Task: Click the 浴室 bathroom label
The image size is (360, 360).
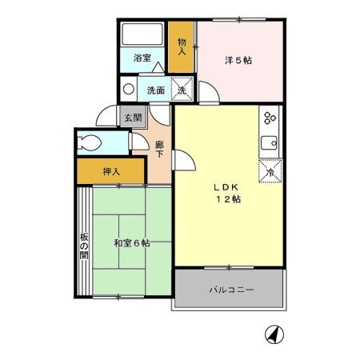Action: point(142,58)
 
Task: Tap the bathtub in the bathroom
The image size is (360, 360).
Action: point(142,36)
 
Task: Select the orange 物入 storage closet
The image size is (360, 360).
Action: point(182,45)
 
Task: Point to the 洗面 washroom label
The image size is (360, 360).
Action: point(156,90)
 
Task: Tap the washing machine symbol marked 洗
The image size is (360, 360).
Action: point(183,90)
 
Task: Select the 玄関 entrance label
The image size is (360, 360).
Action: point(132,117)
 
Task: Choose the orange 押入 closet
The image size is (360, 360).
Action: point(110,170)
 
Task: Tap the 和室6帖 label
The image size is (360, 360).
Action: point(131,243)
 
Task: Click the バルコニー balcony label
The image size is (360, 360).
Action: point(231,289)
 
